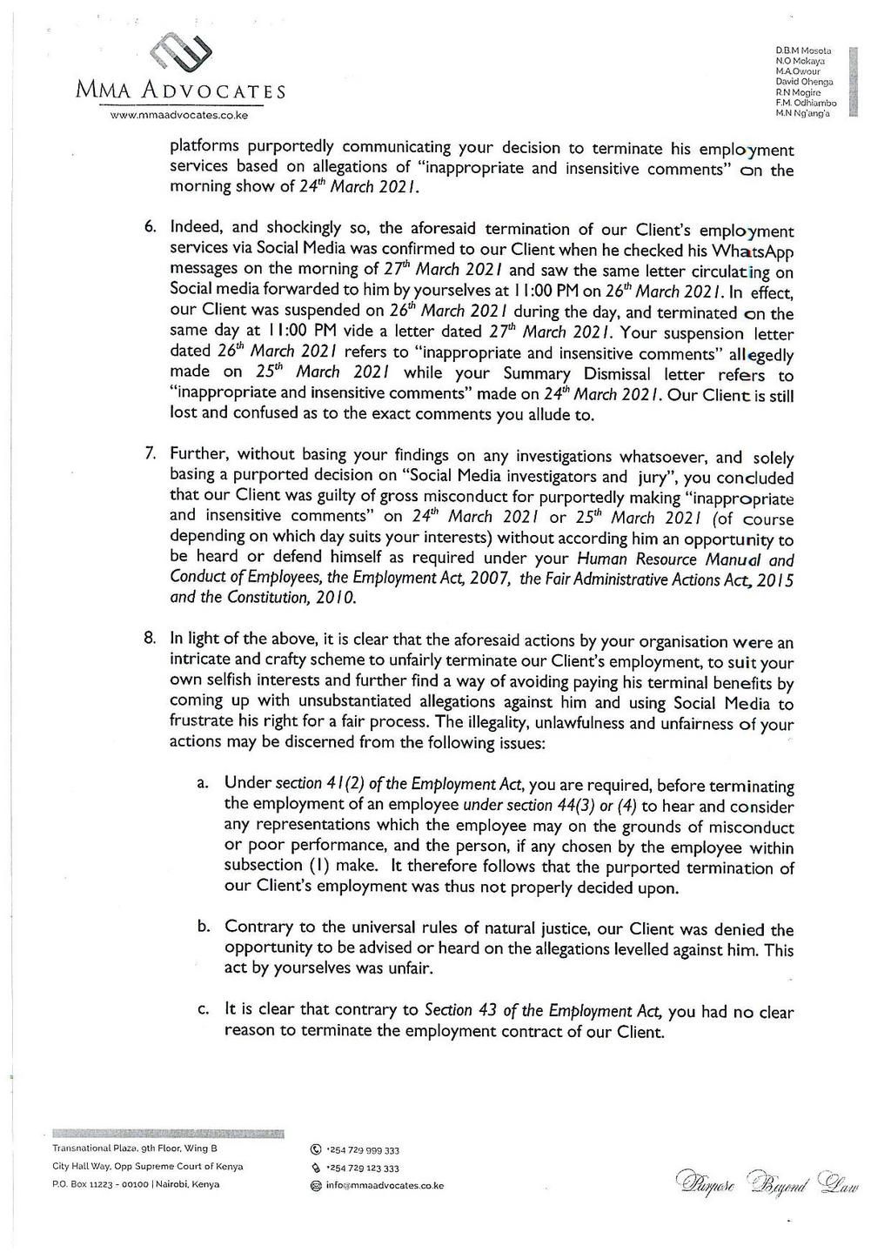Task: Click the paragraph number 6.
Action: coord(150,228)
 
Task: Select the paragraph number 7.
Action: coord(150,453)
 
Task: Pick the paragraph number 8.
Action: coord(150,638)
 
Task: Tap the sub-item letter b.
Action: coord(202,927)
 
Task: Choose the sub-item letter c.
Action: coord(202,1011)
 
